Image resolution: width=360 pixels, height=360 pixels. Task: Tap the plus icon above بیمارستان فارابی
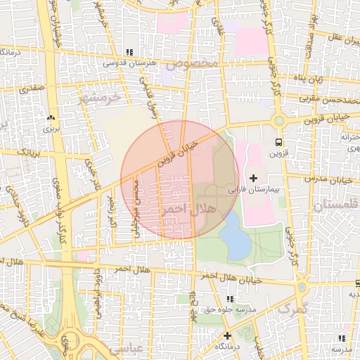254,178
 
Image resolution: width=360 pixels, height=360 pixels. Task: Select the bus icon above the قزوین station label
280,141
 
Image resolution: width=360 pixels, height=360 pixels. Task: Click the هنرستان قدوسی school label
129,63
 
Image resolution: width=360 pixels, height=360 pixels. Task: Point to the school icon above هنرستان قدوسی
129,52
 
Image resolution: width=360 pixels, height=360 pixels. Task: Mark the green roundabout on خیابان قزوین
279,121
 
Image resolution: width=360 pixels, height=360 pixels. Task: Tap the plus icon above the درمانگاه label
226,335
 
